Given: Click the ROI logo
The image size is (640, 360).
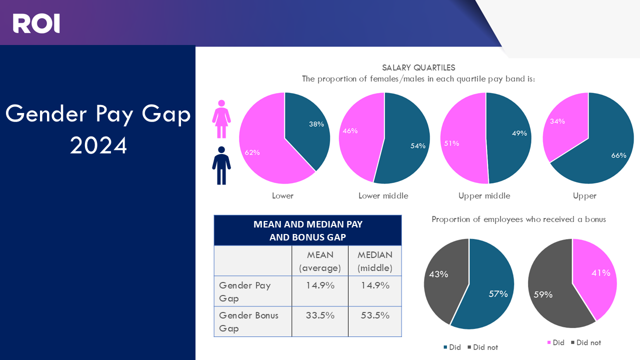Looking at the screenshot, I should pos(36,23).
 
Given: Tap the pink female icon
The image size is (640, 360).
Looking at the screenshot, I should pos(221,119).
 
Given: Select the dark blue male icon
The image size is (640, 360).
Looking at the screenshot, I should pos(221,165).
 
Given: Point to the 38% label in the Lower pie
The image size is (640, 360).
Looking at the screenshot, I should pos(316,124).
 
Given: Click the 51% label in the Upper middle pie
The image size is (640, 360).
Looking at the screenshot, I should pos(451,143).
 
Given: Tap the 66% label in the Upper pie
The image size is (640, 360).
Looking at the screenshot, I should pos(618,155).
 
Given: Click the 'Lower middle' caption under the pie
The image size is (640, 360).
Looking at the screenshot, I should pos(383,196).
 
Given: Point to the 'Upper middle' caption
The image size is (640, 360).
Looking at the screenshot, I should pos(484,196).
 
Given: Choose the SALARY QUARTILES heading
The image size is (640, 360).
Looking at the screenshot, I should pos(418,67).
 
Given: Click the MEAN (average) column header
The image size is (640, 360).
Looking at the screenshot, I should pos(320,261).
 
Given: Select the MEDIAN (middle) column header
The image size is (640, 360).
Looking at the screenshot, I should pos(375,261).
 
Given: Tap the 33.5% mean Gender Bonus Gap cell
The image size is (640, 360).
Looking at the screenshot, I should pos(320,315).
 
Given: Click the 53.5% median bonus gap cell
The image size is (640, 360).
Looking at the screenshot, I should pos(375,315).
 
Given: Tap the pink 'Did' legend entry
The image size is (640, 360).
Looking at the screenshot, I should pos(555,342).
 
